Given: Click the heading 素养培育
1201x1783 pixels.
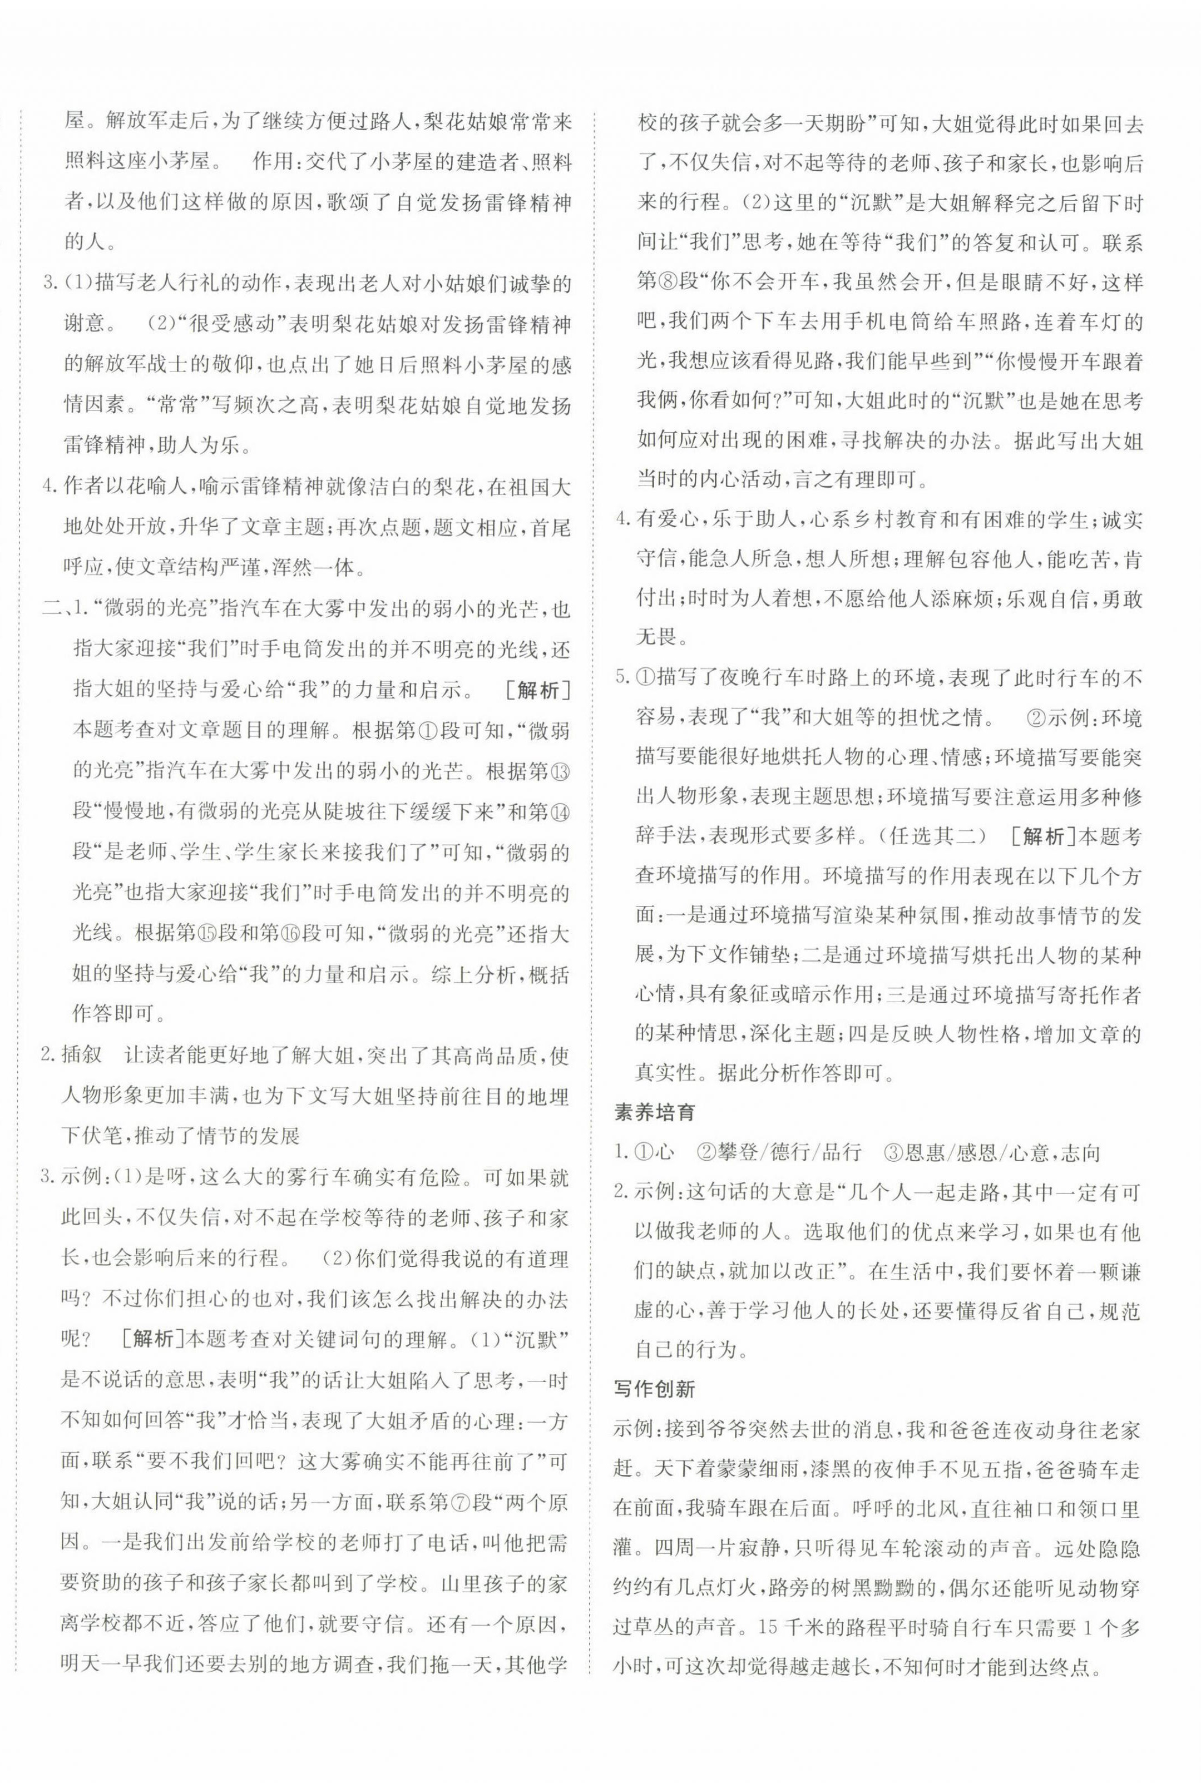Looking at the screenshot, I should [655, 1112].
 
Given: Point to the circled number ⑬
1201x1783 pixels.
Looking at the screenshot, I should [561, 772].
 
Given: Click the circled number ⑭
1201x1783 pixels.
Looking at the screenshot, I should [561, 811].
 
